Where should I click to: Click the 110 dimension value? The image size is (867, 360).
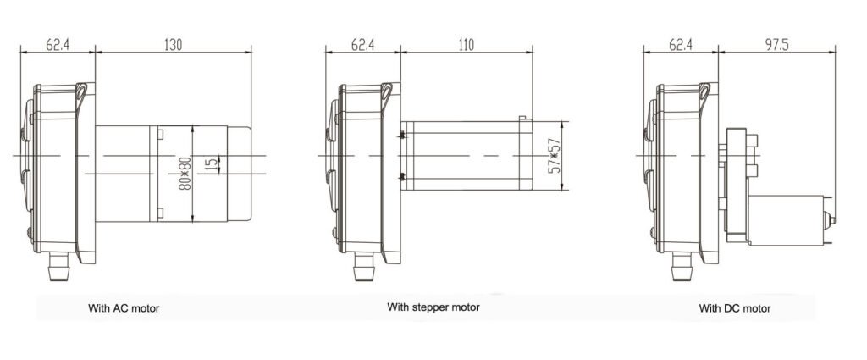point(467,44)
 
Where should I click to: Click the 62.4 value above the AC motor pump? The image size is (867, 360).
point(58,44)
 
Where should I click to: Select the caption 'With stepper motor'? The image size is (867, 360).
point(433,307)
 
